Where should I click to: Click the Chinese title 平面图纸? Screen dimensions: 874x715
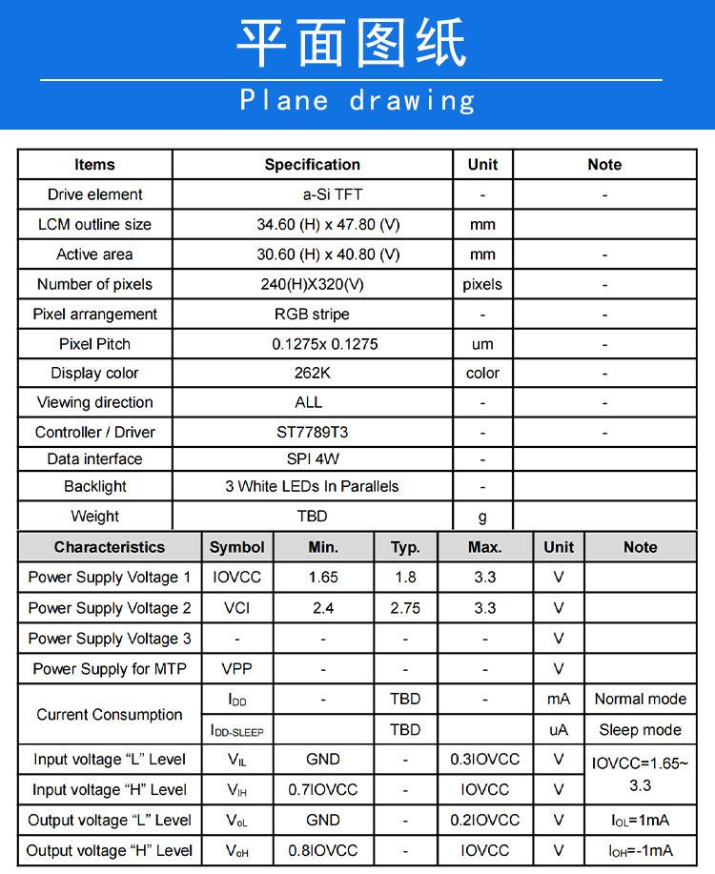tap(352, 43)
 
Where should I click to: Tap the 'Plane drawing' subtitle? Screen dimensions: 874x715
tap(357, 100)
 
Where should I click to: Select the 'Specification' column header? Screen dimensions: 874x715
tap(312, 165)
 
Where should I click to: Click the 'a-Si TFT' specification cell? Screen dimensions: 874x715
tap(333, 194)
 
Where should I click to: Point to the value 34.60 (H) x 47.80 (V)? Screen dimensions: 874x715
tap(328, 225)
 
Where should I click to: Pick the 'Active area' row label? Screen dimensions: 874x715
tap(94, 254)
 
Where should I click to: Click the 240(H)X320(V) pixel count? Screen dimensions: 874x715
tap(312, 284)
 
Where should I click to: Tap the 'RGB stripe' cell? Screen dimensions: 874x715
tap(312, 314)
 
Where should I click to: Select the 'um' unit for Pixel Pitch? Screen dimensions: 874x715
tap(482, 344)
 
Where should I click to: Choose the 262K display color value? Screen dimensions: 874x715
tap(312, 373)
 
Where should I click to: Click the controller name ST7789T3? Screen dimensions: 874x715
tap(312, 432)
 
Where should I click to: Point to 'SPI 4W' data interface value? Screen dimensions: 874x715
tap(313, 458)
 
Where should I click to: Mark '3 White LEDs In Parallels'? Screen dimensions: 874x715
tap(312, 486)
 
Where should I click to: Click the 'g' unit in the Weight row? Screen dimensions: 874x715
tap(482, 517)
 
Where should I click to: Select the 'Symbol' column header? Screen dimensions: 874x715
tap(236, 547)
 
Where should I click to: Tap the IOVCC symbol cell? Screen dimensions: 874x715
tap(236, 577)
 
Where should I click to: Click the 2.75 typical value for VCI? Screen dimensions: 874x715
tap(405, 607)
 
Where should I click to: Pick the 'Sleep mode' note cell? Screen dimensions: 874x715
tap(640, 730)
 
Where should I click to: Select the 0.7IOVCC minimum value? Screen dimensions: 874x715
tap(323, 790)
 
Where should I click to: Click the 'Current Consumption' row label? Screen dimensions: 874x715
tap(110, 714)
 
